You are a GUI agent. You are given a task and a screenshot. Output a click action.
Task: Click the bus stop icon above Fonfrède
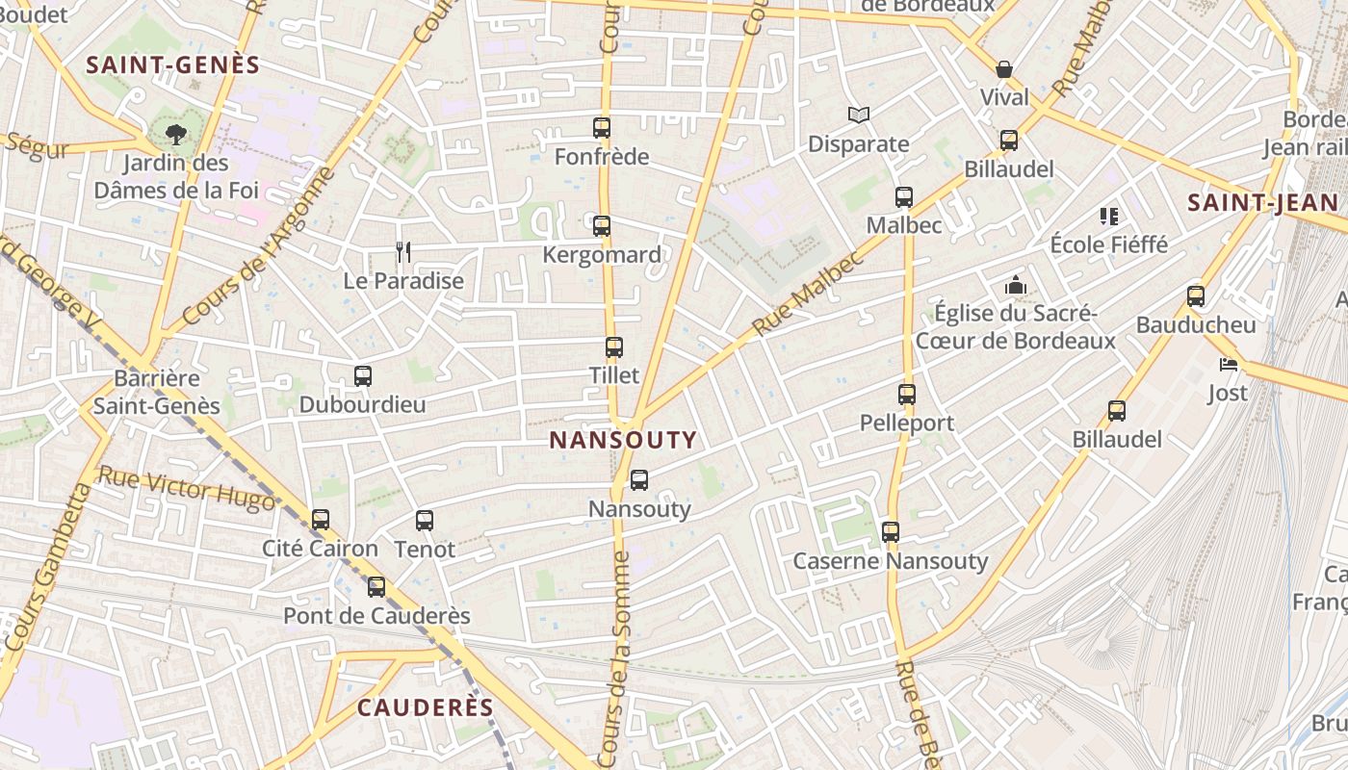(x=602, y=127)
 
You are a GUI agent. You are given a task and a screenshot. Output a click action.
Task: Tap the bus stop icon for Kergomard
(x=602, y=226)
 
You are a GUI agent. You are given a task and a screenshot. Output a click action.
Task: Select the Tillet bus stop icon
(x=614, y=347)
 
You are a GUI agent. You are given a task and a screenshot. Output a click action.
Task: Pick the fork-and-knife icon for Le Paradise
(x=403, y=252)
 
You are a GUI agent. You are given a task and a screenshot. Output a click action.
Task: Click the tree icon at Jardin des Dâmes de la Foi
(x=175, y=134)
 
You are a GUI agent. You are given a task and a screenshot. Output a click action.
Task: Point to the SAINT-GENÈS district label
(x=173, y=65)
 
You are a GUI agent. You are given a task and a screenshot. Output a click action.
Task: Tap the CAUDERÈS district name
(x=426, y=707)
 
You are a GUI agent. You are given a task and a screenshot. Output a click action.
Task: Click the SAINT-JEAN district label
(x=1262, y=203)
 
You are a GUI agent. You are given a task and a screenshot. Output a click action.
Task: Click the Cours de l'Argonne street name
(x=260, y=245)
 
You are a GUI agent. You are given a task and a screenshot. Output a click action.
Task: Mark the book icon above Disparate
(x=859, y=115)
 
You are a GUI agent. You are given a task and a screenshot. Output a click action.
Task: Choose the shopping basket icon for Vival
(x=1004, y=69)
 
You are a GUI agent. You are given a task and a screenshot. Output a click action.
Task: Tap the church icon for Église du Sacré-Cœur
(x=1015, y=285)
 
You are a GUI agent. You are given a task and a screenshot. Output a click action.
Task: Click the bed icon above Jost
(x=1228, y=364)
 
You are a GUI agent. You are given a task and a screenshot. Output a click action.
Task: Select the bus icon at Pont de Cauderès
(x=376, y=587)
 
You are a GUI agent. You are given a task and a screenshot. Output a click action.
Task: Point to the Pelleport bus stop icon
(x=907, y=395)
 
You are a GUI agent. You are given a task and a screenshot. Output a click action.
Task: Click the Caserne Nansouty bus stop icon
(x=891, y=532)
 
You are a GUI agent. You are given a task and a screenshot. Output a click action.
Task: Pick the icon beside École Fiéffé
(x=1109, y=217)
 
